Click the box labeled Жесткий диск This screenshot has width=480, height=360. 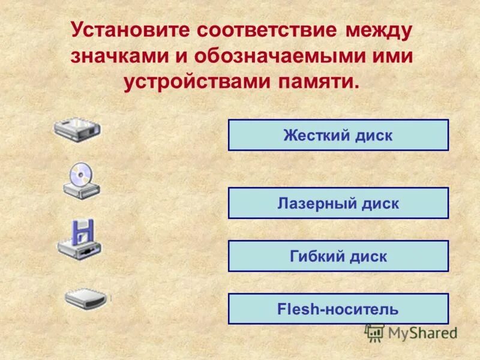(338, 135)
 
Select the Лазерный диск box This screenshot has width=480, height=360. (338, 203)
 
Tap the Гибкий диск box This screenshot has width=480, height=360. (338, 256)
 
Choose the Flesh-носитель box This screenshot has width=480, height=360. (338, 309)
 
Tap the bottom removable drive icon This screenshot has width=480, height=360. (86, 298)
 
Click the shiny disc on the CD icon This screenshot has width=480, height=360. (80, 173)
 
